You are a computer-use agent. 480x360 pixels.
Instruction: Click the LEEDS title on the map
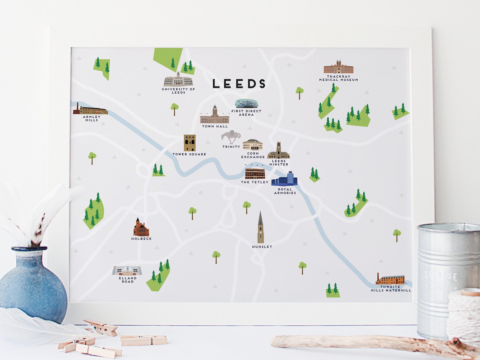(239, 83)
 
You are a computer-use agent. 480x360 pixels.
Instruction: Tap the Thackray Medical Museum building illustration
(339, 67)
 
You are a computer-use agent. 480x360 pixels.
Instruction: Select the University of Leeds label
(178, 91)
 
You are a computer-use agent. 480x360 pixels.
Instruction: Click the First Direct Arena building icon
(246, 104)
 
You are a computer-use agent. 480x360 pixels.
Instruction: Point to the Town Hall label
(215, 126)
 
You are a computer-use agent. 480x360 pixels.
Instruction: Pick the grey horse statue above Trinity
(231, 137)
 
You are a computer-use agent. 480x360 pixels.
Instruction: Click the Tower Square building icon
(189, 143)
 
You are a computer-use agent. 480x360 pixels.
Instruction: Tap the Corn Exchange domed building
(253, 145)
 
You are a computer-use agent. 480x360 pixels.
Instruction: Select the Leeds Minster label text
(279, 163)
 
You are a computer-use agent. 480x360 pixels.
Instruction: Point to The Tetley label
(255, 182)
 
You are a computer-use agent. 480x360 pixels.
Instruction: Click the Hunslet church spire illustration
(260, 228)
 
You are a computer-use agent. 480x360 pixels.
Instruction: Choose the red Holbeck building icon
(141, 228)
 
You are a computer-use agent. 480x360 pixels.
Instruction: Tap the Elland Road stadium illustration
(127, 270)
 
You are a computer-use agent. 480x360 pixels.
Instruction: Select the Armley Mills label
(92, 119)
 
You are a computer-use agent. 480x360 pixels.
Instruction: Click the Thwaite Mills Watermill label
(391, 289)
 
